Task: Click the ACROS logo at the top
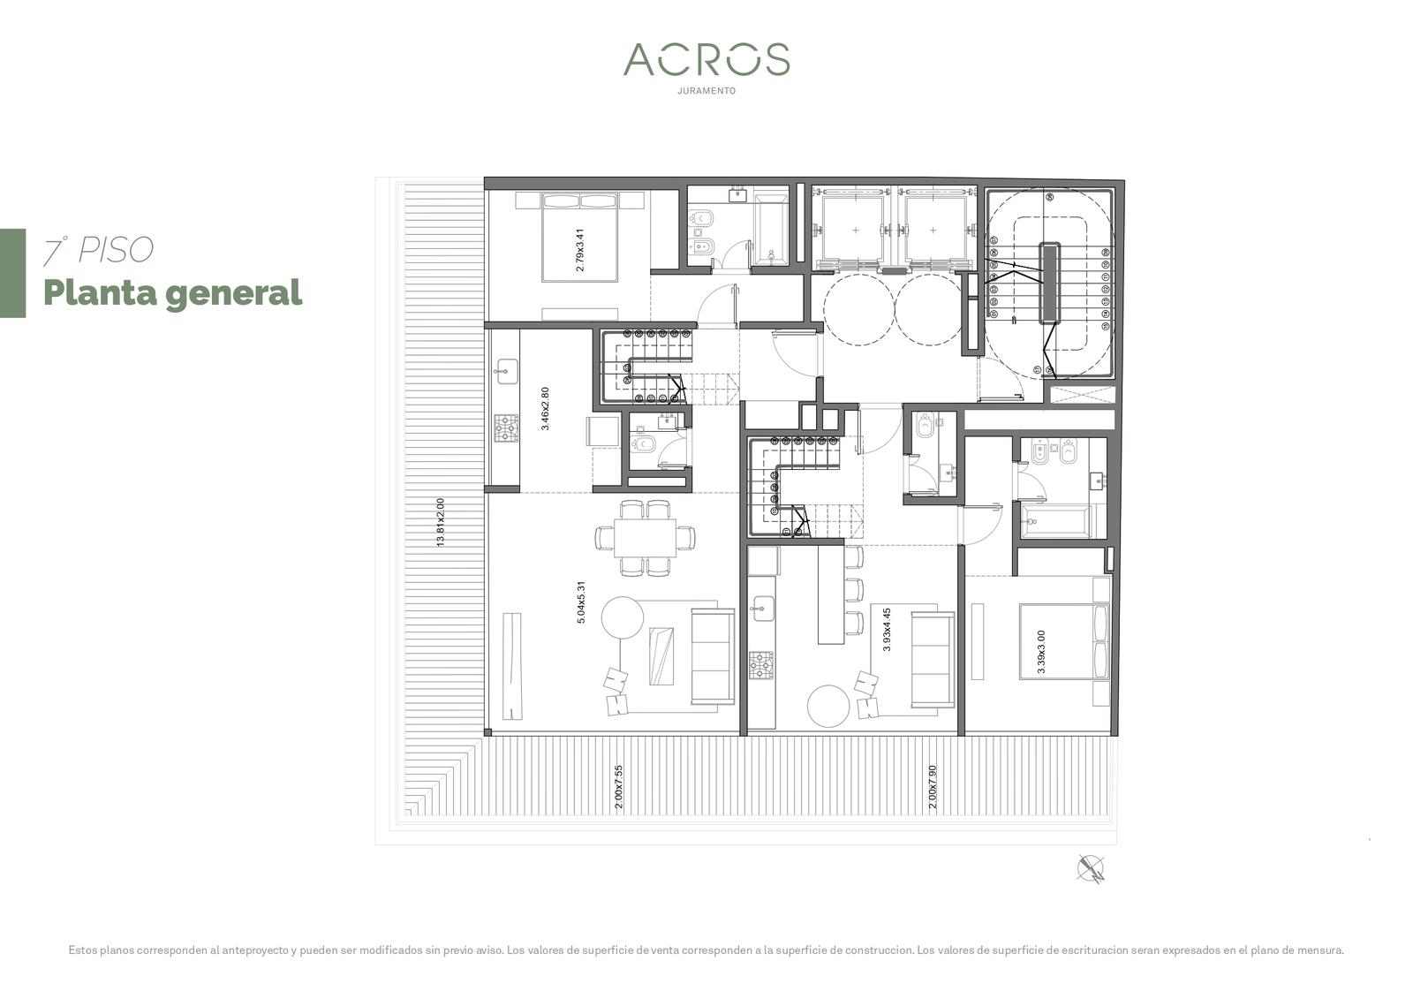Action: [x=706, y=59]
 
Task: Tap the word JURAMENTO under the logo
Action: [x=706, y=91]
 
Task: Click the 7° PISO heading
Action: [x=98, y=250]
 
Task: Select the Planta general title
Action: [x=173, y=293]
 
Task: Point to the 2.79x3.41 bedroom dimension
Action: [x=579, y=250]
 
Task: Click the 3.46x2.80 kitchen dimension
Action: [x=545, y=409]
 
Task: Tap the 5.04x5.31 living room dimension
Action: [x=581, y=602]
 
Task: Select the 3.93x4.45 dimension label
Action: [x=887, y=630]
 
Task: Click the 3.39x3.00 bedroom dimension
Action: [x=1041, y=652]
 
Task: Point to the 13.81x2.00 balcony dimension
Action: [x=441, y=522]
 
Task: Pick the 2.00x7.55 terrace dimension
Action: [x=618, y=787]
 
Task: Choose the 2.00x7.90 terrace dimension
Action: [x=933, y=787]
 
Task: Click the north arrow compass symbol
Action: [x=1091, y=869]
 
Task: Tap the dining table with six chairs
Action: [x=646, y=538]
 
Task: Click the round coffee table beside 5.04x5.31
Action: [x=622, y=617]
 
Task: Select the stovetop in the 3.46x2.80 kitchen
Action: [x=506, y=428]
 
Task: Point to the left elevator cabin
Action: [x=856, y=231]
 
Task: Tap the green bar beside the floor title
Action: [x=12, y=273]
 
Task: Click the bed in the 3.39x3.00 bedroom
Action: [x=1065, y=641]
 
